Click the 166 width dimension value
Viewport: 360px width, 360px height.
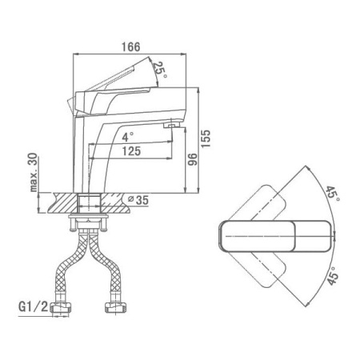click(x=130, y=47)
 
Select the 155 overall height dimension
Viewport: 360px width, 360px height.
click(x=206, y=138)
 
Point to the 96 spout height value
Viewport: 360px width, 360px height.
click(x=193, y=159)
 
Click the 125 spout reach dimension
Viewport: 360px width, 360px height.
click(x=131, y=151)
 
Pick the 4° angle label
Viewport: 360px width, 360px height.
click(x=128, y=137)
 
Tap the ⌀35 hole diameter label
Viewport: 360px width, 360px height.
click(x=138, y=200)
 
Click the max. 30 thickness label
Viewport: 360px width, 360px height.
click(x=34, y=172)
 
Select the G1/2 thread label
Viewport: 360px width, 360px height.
click(x=34, y=307)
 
